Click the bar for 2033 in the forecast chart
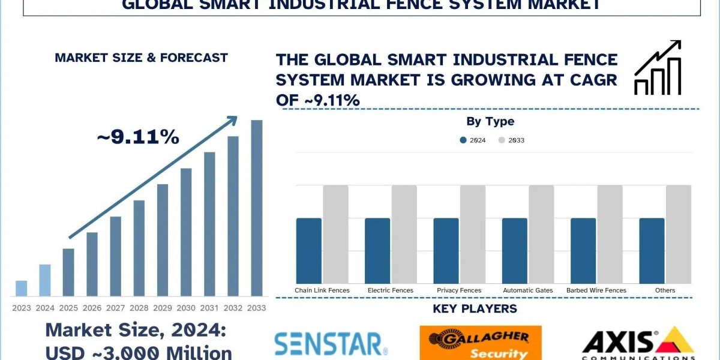tap(257, 208)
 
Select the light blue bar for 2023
tap(21, 288)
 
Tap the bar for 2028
tap(139, 248)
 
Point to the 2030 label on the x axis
tap(186, 308)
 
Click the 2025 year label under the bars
tap(68, 308)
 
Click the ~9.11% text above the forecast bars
tap(138, 137)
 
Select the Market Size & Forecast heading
tap(141, 58)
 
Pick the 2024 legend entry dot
tap(463, 140)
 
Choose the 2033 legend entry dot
tap(502, 140)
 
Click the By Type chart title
tap(490, 121)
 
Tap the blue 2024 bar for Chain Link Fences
tap(309, 250)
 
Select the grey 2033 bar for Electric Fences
tap(404, 234)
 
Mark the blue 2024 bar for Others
tap(652, 250)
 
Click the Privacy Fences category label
tap(459, 290)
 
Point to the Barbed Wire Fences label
tap(596, 290)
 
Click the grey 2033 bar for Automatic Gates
tap(541, 234)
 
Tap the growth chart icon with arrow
tap(658, 68)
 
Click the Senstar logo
tap(331, 344)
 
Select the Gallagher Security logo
tap(480, 343)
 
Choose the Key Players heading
tap(475, 309)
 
